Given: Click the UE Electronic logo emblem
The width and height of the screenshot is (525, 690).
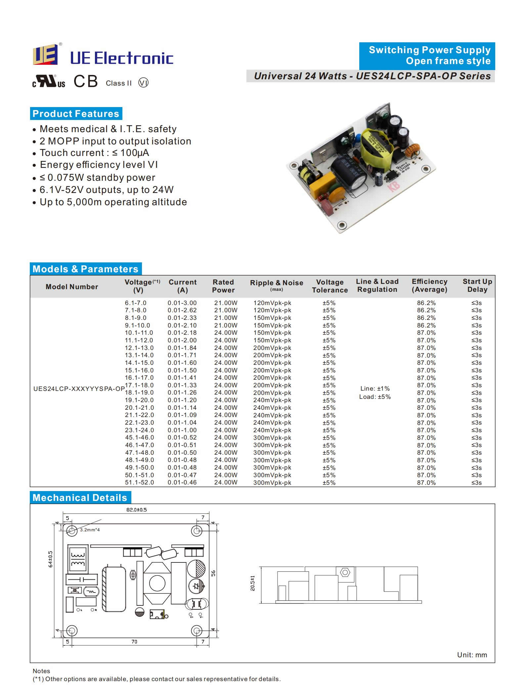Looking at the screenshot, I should pyautogui.click(x=45, y=55).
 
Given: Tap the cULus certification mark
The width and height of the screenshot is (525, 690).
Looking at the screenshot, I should pyautogui.click(x=49, y=81).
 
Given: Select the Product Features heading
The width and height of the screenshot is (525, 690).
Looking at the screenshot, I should pyautogui.click(x=76, y=114).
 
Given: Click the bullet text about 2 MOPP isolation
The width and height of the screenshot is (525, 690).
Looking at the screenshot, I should pyautogui.click(x=115, y=141).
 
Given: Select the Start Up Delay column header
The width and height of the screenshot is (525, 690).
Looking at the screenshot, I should pyautogui.click(x=477, y=286).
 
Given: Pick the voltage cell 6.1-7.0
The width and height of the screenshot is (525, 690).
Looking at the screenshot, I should pyautogui.click(x=136, y=303).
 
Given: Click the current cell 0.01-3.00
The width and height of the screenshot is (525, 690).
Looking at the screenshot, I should pyautogui.click(x=182, y=303).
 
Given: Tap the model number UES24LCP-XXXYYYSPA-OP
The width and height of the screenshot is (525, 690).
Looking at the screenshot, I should pyautogui.click(x=79, y=389).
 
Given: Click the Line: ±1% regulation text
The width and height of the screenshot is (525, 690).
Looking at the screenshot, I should pyautogui.click(x=375, y=389).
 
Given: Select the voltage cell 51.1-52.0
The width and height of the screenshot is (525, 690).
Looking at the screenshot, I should pyautogui.click(x=139, y=482).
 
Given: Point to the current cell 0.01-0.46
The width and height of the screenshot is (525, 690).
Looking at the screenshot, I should pyautogui.click(x=182, y=482).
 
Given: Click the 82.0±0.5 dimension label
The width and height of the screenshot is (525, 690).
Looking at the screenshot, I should pyautogui.click(x=136, y=510).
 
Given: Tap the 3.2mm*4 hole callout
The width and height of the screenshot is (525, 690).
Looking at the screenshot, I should pyautogui.click(x=90, y=530).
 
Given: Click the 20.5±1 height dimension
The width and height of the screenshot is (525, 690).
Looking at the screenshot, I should pyautogui.click(x=253, y=583).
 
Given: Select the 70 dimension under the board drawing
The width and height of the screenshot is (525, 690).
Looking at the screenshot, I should pyautogui.click(x=134, y=642).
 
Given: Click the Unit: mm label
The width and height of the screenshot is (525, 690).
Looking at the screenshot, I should pyautogui.click(x=472, y=655).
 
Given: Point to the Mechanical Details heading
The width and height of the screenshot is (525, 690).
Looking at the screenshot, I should pyautogui.click(x=80, y=498).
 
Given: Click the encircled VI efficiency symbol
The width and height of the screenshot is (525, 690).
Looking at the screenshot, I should pyautogui.click(x=143, y=83).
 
